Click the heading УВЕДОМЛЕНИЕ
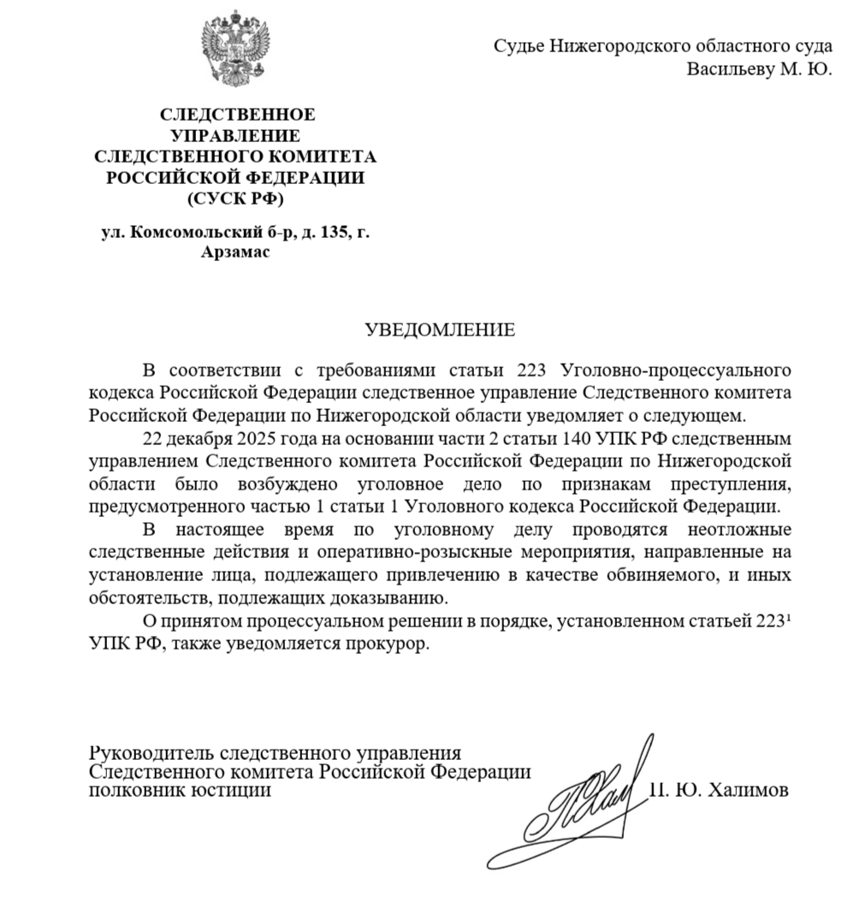[440, 329]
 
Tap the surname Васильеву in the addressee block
[728, 69]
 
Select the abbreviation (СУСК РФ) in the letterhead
[234, 200]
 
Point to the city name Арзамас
[234, 252]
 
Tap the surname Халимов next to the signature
[746, 791]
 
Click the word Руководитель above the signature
[151, 753]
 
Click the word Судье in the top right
[518, 46]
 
